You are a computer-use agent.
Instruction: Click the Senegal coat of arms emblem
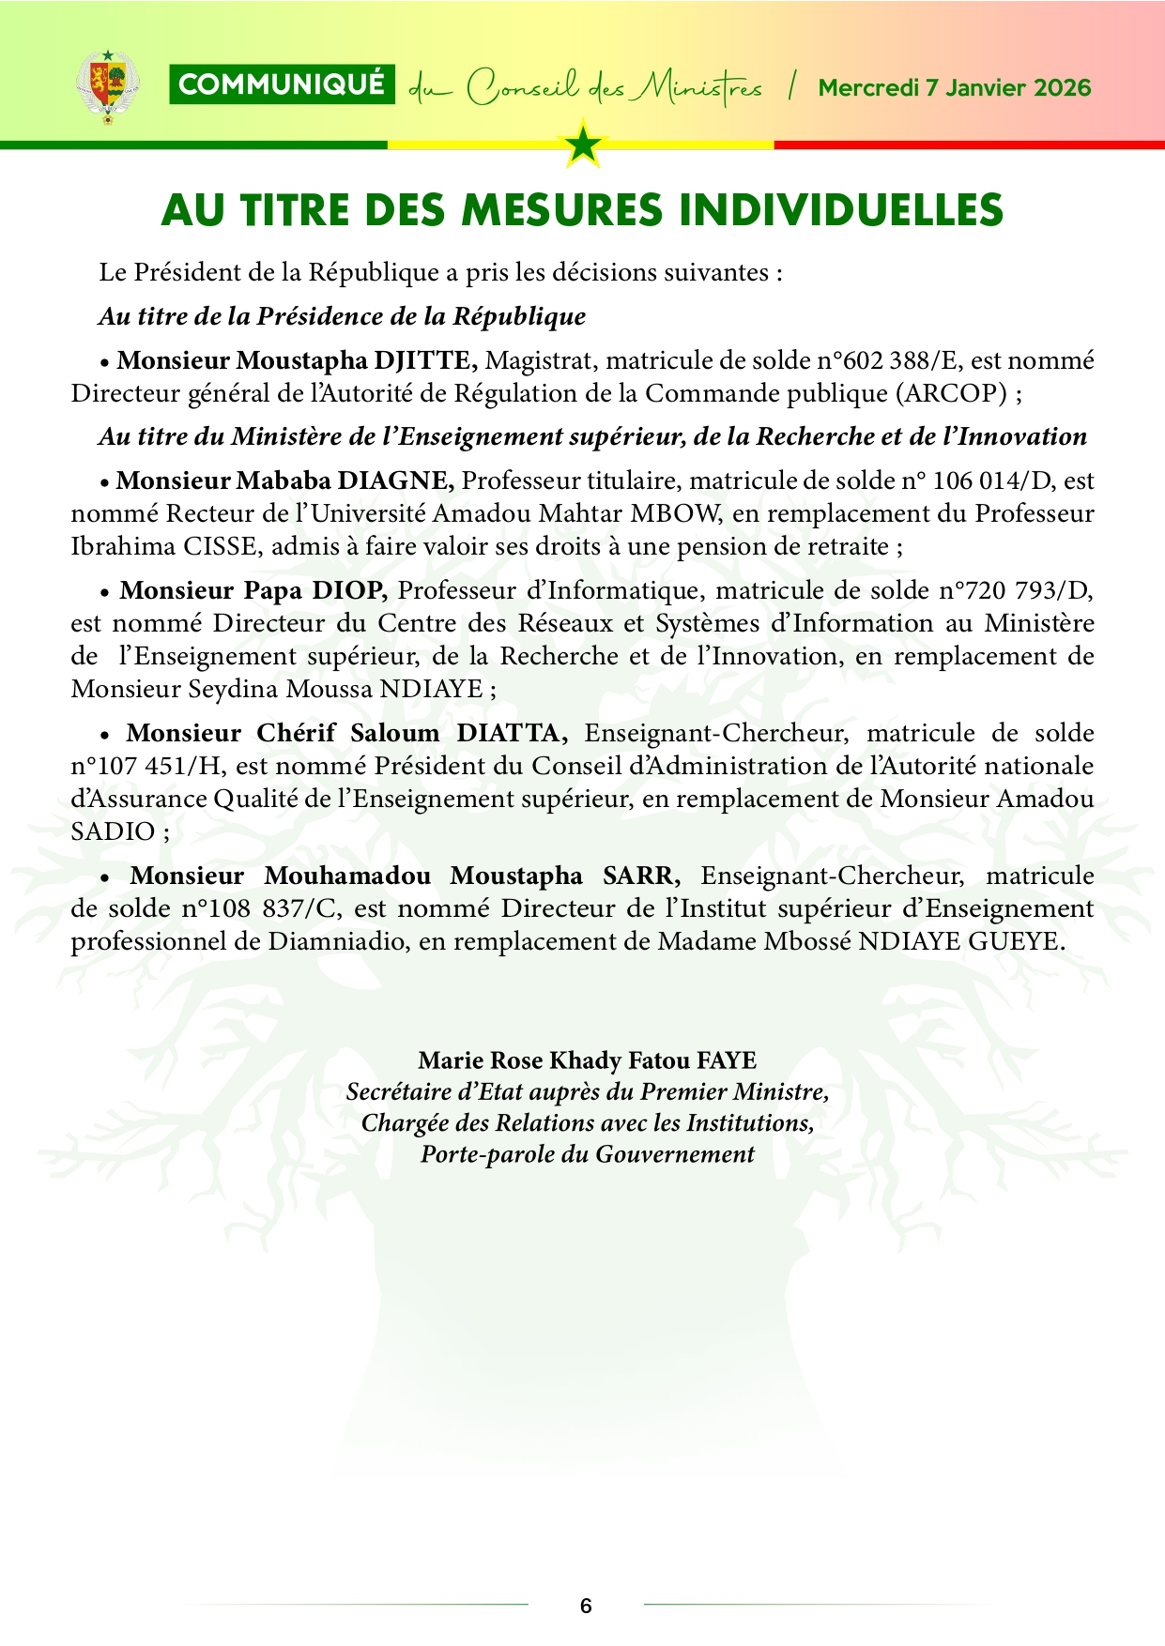click(x=107, y=87)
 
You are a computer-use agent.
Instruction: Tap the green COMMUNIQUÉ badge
click(x=282, y=85)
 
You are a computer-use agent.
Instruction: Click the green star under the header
click(x=583, y=145)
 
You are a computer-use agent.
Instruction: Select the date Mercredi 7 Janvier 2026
click(x=954, y=88)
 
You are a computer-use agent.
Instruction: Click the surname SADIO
click(x=113, y=831)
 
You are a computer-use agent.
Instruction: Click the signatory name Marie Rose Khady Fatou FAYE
click(x=587, y=1060)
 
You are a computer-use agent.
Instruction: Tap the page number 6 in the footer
click(x=586, y=1606)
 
